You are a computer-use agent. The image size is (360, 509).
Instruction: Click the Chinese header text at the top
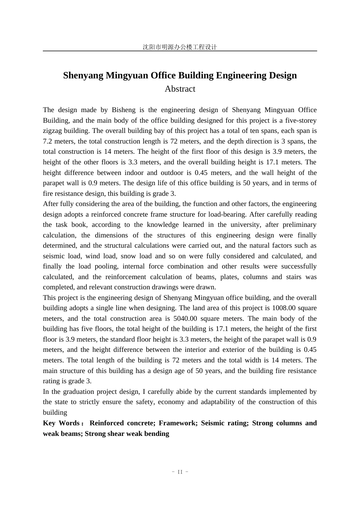[x=180, y=47]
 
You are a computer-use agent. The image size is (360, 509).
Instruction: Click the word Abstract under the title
[x=180, y=89]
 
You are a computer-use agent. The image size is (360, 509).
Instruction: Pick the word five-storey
[x=299, y=120]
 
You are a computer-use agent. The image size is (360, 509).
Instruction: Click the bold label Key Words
[x=61, y=423]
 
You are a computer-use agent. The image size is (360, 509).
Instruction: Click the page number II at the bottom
[x=180, y=472]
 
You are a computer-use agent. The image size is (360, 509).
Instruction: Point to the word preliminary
[x=299, y=225]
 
